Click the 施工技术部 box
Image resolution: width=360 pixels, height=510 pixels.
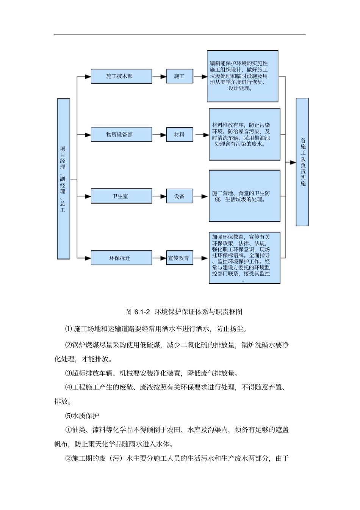pos(121,76)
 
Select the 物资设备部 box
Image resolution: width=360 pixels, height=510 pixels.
pos(121,135)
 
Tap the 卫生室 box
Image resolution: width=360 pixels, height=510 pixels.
pos(121,196)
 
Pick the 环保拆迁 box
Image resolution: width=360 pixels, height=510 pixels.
pos(121,258)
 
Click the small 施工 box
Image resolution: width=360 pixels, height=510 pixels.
pos(180,76)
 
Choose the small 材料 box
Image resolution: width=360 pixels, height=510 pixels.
pos(180,135)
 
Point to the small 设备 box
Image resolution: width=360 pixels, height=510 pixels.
pos(180,196)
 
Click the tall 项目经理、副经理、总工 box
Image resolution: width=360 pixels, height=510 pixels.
pos(63,179)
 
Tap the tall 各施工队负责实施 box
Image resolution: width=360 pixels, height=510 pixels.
pos(302,162)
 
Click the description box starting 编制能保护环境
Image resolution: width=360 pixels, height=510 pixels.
pos(243,76)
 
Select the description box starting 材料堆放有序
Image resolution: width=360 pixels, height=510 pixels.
pos(244,135)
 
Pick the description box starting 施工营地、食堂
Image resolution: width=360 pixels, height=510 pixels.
pos(244,196)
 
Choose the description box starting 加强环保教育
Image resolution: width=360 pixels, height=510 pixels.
pos(244,258)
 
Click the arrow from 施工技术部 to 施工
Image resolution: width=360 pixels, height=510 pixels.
pos(159,76)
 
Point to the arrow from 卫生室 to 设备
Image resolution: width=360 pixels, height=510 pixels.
pos(159,196)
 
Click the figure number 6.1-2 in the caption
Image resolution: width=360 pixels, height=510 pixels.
pos(142,312)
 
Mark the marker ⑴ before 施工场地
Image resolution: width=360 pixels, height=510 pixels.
pos(68,328)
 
